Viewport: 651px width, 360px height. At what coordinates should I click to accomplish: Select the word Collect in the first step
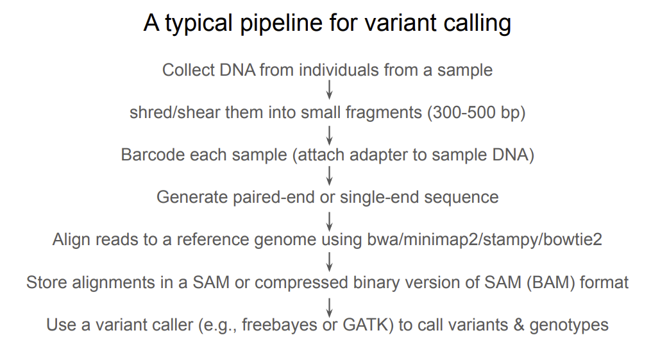pyautogui.click(x=188, y=70)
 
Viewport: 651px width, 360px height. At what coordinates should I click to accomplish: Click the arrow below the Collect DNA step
pyautogui.click(x=329, y=90)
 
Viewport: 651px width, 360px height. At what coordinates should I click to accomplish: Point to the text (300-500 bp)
pyautogui.click(x=476, y=112)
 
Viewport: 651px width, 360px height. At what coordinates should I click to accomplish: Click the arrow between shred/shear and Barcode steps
pyautogui.click(x=329, y=135)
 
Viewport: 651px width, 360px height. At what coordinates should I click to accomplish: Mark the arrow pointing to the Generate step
pyautogui.click(x=329, y=176)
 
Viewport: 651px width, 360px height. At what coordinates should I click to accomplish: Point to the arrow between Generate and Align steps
pyautogui.click(x=329, y=221)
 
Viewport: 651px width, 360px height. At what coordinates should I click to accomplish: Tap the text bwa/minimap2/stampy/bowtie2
pyautogui.click(x=484, y=239)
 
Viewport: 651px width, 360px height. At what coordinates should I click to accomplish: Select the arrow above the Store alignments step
pyautogui.click(x=329, y=262)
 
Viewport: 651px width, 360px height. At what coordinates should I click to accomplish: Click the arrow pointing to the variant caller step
pyautogui.click(x=329, y=307)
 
